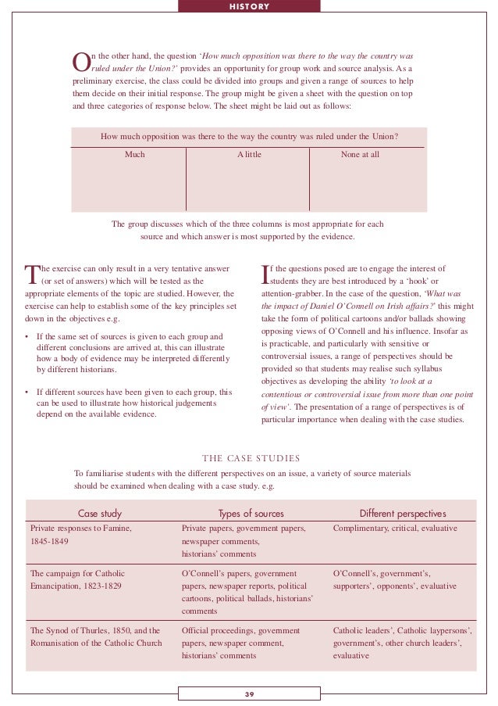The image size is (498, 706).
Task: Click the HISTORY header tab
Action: [249, 6]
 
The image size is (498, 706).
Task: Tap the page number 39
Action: [249, 693]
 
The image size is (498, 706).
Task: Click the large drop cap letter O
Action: [80, 62]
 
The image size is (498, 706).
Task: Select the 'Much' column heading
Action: [135, 155]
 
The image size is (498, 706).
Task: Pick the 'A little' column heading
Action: [249, 155]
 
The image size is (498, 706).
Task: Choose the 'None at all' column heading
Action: [360, 155]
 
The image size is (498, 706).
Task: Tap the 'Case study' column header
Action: [99, 514]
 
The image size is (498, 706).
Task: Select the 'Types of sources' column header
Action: [251, 514]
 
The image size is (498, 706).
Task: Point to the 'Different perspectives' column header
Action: [403, 514]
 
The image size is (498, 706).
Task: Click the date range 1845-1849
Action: [51, 541]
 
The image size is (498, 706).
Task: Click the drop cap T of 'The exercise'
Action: [32, 274]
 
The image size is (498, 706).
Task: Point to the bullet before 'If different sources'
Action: [28, 392]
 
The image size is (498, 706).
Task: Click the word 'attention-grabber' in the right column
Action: [293, 294]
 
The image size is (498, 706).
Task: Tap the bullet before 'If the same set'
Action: [28, 337]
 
